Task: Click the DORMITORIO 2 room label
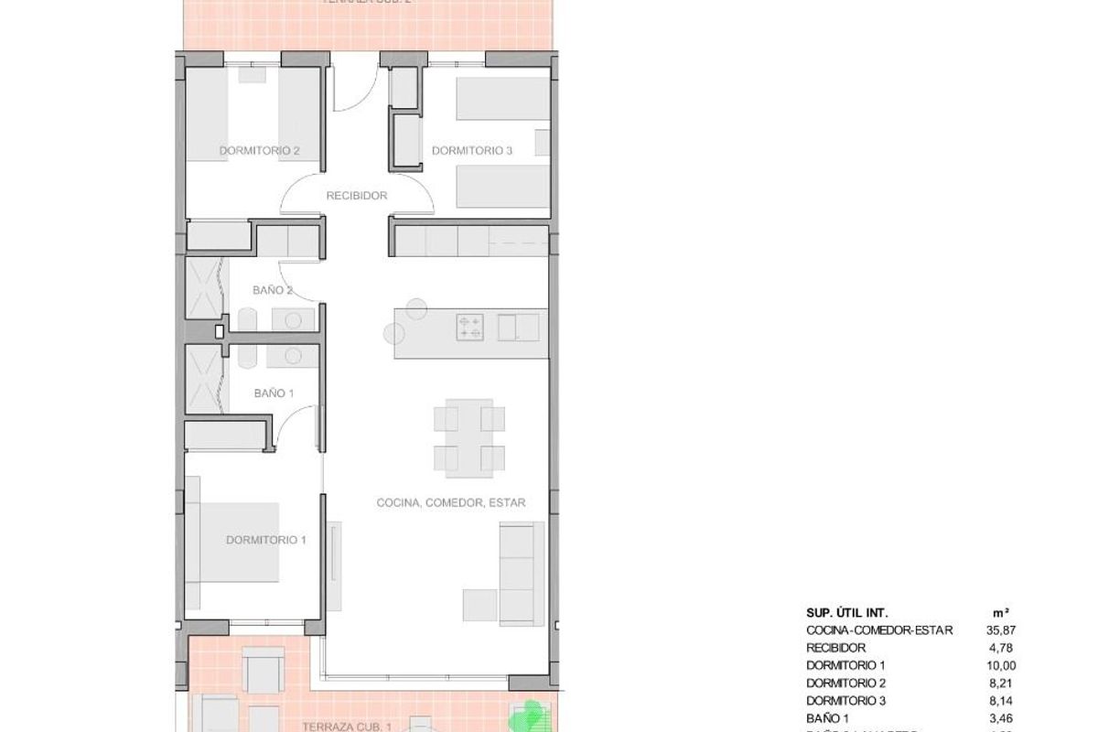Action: [259, 150]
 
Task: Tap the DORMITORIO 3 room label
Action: [472, 150]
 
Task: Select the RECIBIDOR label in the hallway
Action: [357, 195]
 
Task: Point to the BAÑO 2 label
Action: [273, 290]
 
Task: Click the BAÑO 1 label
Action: [273, 393]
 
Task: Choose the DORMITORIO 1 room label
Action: [265, 540]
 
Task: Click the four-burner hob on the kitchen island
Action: [470, 327]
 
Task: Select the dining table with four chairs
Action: [469, 436]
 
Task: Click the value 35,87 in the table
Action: [1028, 630]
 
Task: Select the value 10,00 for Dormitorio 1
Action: [1028, 665]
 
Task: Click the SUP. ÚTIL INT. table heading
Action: [847, 612]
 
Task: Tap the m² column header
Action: [1028, 612]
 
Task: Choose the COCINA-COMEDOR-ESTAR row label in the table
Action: [879, 630]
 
